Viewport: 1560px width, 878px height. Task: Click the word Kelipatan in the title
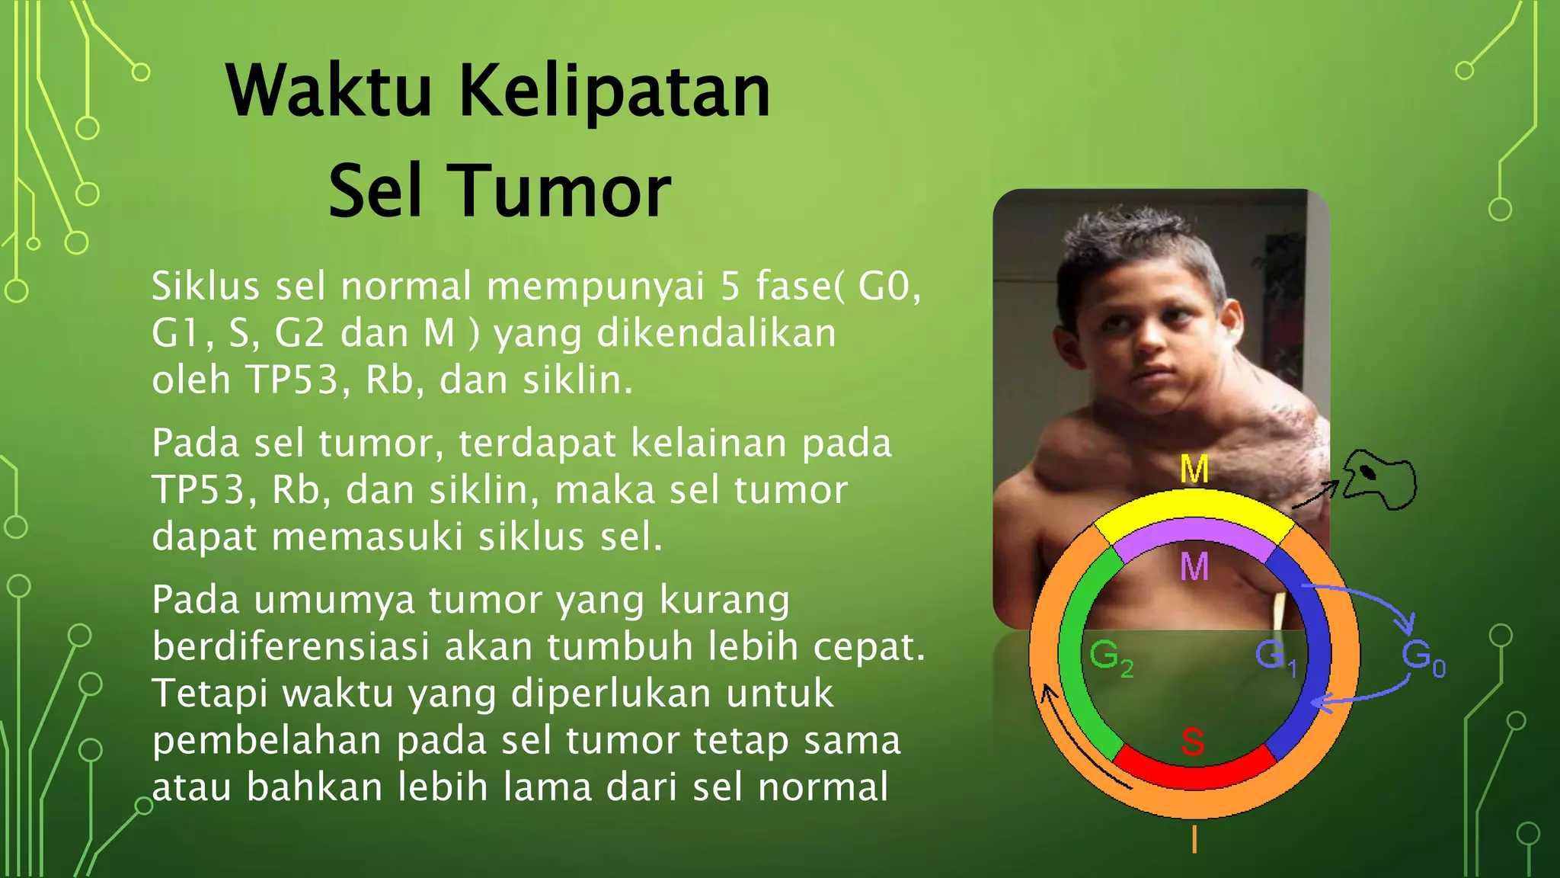pyautogui.click(x=614, y=91)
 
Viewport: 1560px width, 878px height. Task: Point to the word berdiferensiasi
pyautogui.click(x=291, y=647)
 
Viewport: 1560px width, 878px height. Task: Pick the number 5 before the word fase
pyautogui.click(x=730, y=287)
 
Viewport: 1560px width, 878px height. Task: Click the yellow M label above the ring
pyautogui.click(x=1194, y=469)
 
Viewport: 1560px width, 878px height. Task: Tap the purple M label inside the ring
pyautogui.click(x=1194, y=567)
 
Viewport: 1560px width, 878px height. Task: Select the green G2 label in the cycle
pyautogui.click(x=1111, y=657)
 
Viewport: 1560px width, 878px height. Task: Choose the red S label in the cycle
pyautogui.click(x=1192, y=742)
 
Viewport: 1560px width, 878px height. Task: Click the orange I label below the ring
pyautogui.click(x=1194, y=839)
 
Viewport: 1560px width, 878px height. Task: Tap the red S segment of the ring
pyautogui.click(x=1193, y=772)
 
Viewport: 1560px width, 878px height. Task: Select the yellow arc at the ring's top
pyautogui.click(x=1194, y=508)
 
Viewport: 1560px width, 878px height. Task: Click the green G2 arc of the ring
pyautogui.click(x=1076, y=655)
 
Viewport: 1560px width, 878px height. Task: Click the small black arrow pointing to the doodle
pyautogui.click(x=1315, y=495)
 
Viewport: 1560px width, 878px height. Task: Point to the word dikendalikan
pyautogui.click(x=716, y=334)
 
